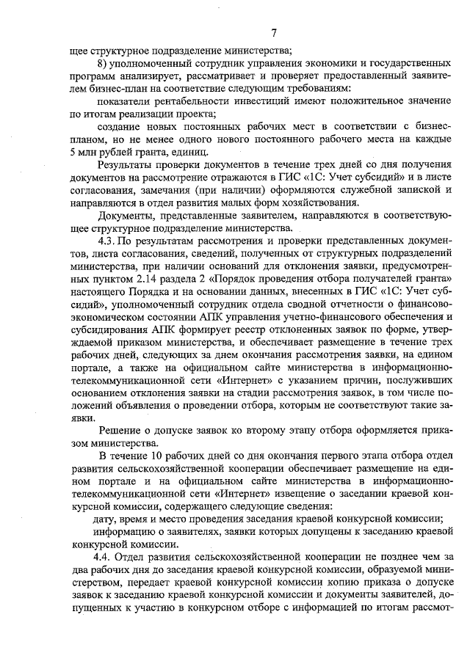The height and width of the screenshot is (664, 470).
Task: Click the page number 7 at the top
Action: tap(272, 32)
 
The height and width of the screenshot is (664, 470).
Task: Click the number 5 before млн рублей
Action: tap(71, 153)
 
